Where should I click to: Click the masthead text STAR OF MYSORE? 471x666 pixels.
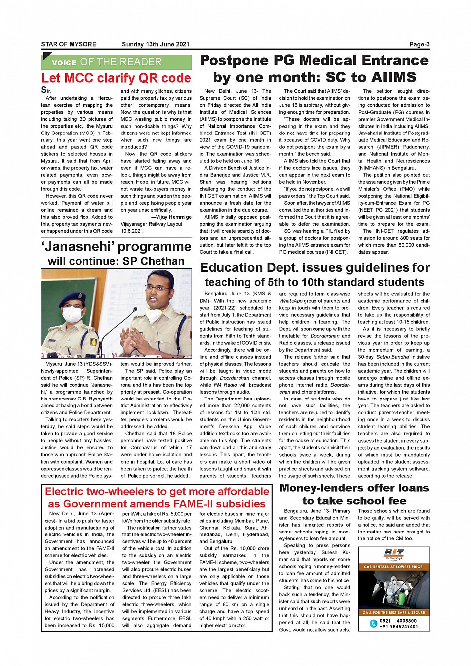click(69, 44)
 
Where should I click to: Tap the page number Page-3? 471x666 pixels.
click(419, 44)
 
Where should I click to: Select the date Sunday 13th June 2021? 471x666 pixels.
click(156, 44)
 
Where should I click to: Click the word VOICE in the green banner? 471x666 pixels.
click(64, 63)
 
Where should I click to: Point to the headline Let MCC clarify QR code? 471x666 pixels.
click(116, 78)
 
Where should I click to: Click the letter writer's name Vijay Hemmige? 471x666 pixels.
click(173, 217)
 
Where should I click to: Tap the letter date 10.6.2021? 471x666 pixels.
click(132, 231)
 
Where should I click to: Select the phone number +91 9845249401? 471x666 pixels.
click(398, 627)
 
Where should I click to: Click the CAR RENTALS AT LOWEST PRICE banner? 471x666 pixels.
click(393, 567)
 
